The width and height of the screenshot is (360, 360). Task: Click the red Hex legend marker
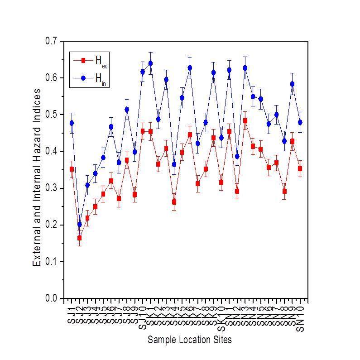coord(83,60)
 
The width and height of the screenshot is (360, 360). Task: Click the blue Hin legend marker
coord(83,78)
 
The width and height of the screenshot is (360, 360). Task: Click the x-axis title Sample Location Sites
coord(189,340)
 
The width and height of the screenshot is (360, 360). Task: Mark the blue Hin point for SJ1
coord(72,123)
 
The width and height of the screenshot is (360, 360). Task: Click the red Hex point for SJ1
coord(72,169)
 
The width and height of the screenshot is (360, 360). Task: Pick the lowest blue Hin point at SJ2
coord(80,224)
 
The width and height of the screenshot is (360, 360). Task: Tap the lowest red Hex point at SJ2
coord(80,238)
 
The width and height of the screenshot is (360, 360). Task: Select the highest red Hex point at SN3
coord(245,121)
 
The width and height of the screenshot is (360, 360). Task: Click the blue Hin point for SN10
coord(300,122)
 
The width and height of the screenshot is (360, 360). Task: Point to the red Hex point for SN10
coord(300,168)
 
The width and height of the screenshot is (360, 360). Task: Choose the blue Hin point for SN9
coord(292,84)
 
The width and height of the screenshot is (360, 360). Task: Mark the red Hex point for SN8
coord(284,191)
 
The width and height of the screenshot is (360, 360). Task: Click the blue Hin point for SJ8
coord(127,110)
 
